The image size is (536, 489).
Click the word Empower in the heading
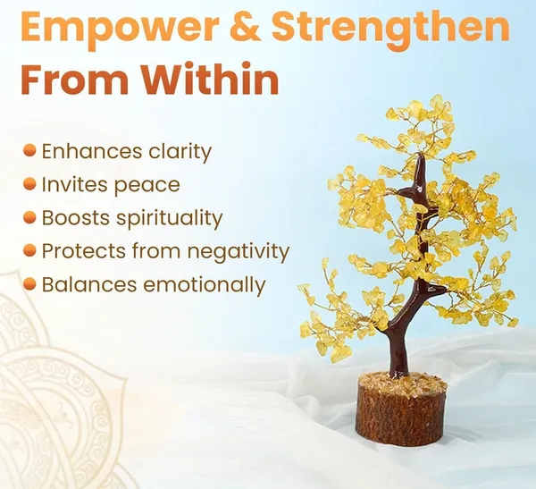click(121, 28)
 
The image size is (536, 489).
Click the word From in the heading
click(74, 79)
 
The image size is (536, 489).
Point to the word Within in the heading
click(209, 79)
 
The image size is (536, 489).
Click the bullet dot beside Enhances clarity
click(29, 150)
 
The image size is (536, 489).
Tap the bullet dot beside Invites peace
click(29, 184)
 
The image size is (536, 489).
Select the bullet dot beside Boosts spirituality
click(29, 217)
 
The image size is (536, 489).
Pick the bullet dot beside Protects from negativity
click(29, 250)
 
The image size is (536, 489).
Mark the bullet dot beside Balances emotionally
click(29, 284)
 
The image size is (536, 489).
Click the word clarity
click(180, 152)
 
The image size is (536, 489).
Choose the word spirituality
click(169, 218)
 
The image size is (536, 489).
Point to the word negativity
click(238, 251)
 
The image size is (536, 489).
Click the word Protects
click(84, 251)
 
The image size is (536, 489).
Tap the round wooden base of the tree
click(402, 409)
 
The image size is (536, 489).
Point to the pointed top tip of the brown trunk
click(422, 156)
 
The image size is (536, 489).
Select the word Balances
click(89, 284)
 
